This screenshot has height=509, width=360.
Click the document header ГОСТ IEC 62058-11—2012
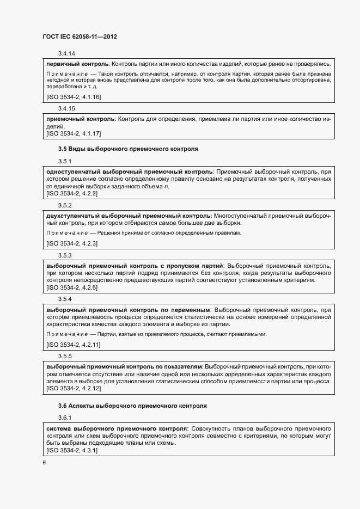pos(80,36)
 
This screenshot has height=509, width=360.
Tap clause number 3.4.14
pos(66,53)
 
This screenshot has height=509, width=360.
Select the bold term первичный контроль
pos(78,64)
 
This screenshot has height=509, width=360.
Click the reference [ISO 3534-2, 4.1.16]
pos(74,97)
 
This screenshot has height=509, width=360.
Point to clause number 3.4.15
pos(66,108)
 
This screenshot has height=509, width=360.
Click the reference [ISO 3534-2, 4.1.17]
pos(74,133)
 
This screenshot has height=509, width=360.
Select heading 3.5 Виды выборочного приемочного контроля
pos(128,148)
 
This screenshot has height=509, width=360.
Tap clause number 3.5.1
pos(65,161)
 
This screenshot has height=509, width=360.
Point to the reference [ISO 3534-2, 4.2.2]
pos(72,193)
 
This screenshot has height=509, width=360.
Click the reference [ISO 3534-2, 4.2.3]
pos(72,243)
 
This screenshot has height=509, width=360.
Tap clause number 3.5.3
pos(65,255)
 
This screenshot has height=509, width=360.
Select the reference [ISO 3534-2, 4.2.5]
pos(72,287)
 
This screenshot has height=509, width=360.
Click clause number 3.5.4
pos(65,299)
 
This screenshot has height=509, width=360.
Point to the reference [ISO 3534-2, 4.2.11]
pos(74,345)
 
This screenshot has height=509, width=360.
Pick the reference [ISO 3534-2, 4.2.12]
pos(74,389)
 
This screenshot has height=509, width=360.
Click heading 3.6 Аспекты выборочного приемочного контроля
pos(132,406)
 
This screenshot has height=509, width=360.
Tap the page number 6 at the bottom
pos(44,462)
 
